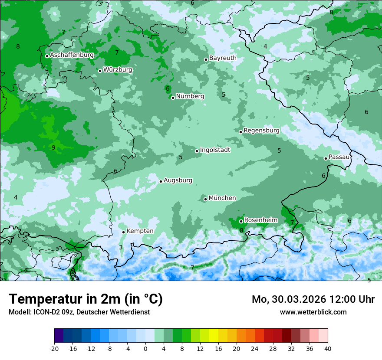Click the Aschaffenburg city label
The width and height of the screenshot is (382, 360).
72,55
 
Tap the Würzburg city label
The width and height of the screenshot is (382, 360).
118,70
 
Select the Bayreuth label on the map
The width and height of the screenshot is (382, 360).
223,58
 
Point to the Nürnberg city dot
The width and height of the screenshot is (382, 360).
173,98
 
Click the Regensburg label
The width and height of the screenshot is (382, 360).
261,131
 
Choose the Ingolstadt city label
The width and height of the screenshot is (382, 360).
215,150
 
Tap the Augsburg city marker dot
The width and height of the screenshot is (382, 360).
161,181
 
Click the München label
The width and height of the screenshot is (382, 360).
222,198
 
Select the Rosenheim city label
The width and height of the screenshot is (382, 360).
260,220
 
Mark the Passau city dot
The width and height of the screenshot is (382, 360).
326,158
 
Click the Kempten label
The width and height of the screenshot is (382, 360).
140,231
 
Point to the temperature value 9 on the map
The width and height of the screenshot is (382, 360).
53,147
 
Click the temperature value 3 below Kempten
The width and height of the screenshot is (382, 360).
121,248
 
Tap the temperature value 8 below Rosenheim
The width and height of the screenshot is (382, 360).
241,230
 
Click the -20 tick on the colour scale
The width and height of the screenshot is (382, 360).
54,349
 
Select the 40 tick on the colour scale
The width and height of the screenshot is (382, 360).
327,349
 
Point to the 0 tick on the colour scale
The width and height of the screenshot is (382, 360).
145,349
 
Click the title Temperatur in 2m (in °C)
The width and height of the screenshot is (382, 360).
86,299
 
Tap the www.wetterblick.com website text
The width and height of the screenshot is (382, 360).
313,312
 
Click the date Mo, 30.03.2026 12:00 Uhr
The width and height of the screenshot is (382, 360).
313,299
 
